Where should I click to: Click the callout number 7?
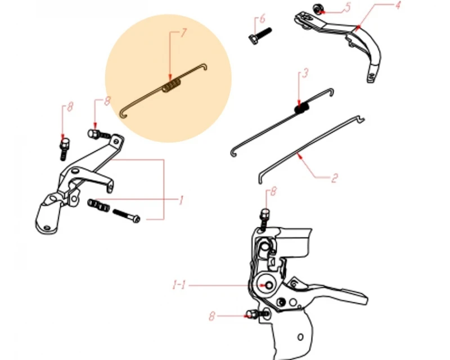coord(183,33)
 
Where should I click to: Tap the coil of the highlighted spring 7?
coord(172,85)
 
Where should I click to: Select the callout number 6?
coord(262,19)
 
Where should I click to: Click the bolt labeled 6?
coord(260,35)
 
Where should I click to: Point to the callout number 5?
coord(347,7)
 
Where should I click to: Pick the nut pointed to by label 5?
coord(317,8)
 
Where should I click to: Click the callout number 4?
coord(398,5)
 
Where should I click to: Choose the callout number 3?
coord(305,73)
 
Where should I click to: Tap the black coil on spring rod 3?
coord(302,109)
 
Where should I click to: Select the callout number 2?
coord(334,178)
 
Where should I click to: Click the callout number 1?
coord(181,200)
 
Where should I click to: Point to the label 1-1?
coord(179,285)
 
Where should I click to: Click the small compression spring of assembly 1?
coord(98,205)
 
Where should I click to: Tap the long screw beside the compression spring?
coord(126,216)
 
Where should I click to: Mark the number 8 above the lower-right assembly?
coord(273,191)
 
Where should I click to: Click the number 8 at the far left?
coord(70,107)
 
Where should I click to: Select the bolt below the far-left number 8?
coord(64,148)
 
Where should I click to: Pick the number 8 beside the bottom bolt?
coord(211,316)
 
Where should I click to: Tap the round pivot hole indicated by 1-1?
coord(269,285)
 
